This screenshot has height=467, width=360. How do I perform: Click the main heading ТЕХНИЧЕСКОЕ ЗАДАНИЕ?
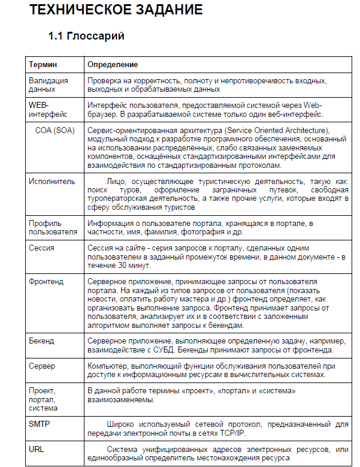pyautogui.click(x=116, y=10)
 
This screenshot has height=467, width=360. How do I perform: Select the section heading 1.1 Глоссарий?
pyautogui.click(x=86, y=37)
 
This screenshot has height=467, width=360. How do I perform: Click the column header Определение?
pyautogui.click(x=113, y=64)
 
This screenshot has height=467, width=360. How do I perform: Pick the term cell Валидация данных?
pyautogui.click(x=49, y=85)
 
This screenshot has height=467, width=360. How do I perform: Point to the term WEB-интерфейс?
pyautogui.click(x=49, y=110)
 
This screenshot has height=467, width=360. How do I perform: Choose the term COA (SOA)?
pyautogui.click(x=55, y=130)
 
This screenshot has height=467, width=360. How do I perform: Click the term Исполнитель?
pyautogui.click(x=52, y=180)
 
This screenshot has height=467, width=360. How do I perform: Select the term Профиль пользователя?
pyautogui.click(x=53, y=227)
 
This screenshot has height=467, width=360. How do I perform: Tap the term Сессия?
pyautogui.click(x=42, y=248)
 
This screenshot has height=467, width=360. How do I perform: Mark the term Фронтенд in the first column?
pyautogui.click(x=47, y=280)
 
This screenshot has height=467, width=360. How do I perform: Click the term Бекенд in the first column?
pyautogui.click(x=41, y=341)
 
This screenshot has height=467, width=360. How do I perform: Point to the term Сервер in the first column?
pyautogui.click(x=42, y=366)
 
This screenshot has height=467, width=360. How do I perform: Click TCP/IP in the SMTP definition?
pyautogui.click(x=232, y=432)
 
